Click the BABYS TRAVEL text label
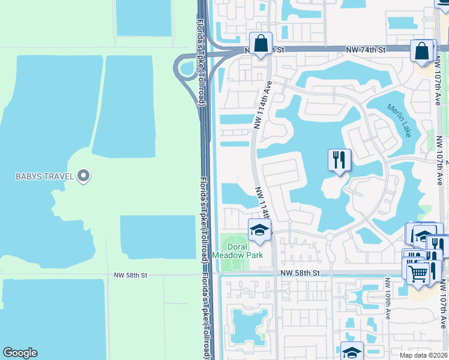[44, 176]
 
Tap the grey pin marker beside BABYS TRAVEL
[84, 176]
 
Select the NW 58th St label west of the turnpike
[130, 275]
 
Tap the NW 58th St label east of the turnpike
[299, 273]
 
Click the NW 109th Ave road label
[388, 298]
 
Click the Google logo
[20, 352]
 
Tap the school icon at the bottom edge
[352, 352]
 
